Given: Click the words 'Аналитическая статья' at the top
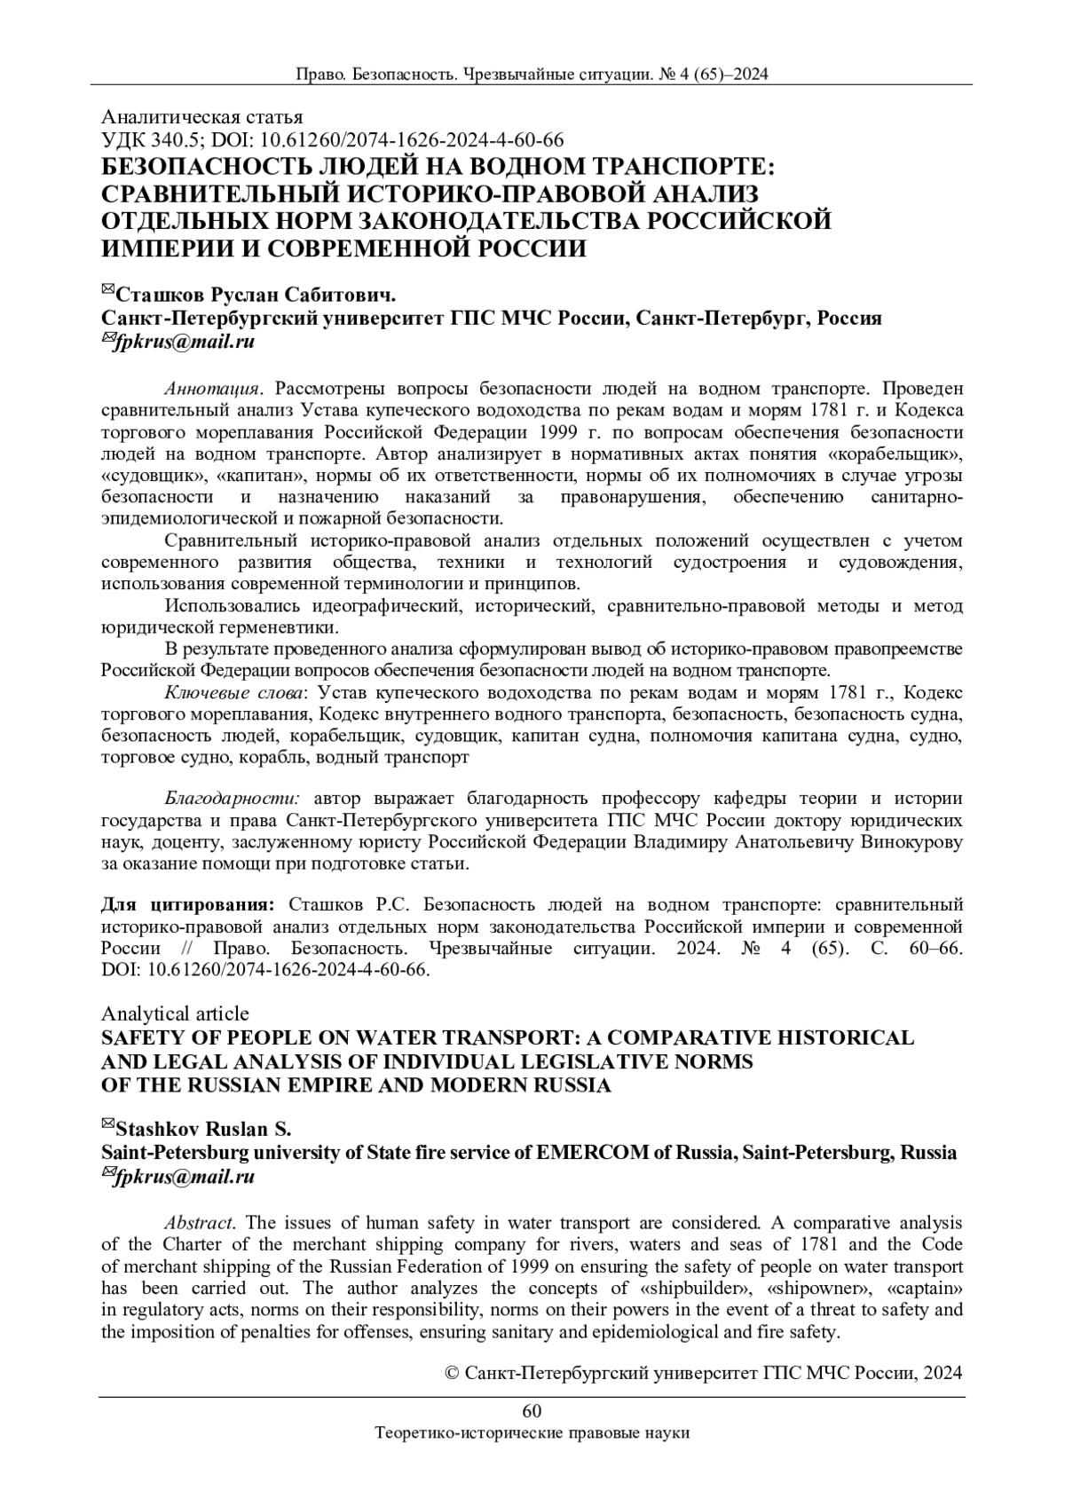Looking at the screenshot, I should point(202,117).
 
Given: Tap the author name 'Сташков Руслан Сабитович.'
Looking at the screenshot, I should point(256,295).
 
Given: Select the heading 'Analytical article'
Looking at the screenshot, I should point(176,1013).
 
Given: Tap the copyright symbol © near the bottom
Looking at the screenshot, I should point(449,1374).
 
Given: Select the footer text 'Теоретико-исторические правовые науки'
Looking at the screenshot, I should point(532,1433).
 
